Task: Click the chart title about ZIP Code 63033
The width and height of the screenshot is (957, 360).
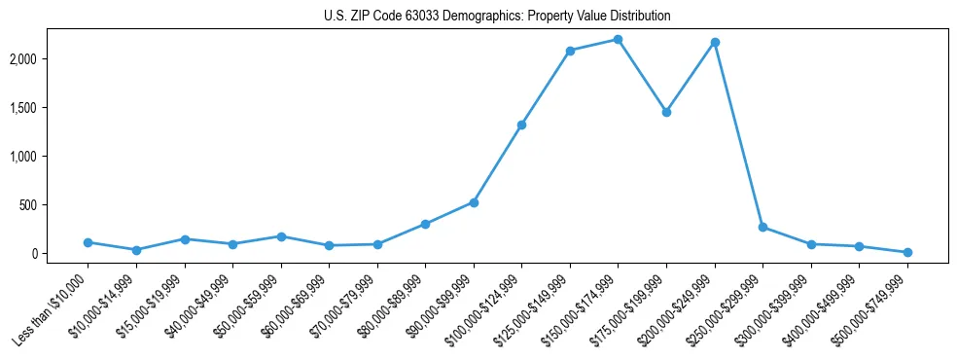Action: tap(497, 17)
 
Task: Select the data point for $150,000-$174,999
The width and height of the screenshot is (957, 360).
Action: tap(619, 40)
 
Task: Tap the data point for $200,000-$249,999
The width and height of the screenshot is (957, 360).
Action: tap(715, 42)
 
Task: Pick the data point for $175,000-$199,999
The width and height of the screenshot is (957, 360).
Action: tap(666, 112)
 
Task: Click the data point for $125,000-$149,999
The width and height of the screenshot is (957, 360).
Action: tap(570, 51)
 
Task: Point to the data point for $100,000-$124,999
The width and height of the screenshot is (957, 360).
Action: tap(522, 125)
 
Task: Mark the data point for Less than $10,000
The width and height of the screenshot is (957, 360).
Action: tap(88, 242)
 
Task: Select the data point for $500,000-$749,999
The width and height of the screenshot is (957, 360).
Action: tap(907, 252)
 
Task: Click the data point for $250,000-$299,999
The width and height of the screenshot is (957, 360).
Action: tap(762, 227)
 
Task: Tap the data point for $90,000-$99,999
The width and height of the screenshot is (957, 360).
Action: tap(474, 202)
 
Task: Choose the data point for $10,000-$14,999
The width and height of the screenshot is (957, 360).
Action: tap(136, 250)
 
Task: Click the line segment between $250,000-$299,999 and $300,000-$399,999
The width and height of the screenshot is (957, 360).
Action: tap(787, 235)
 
